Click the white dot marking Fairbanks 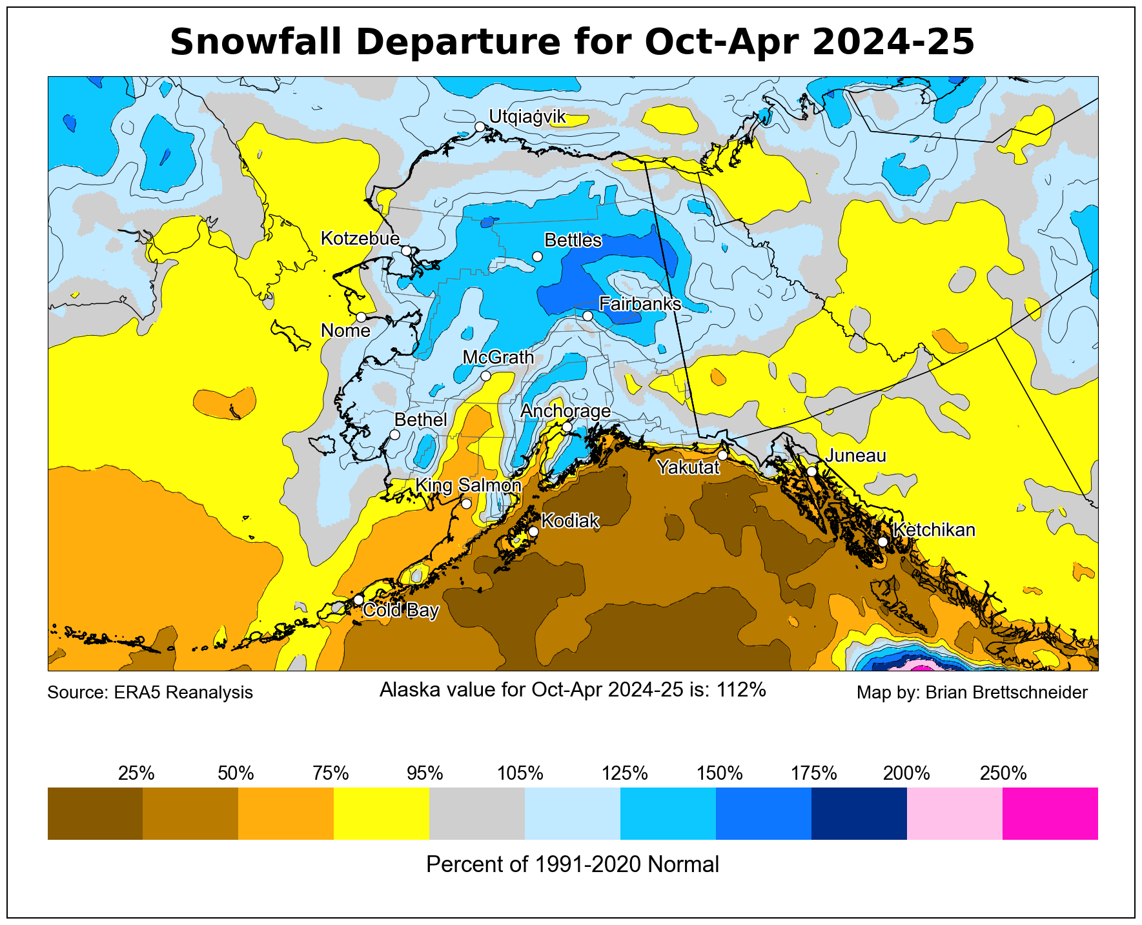tap(587, 316)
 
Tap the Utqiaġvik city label tap(527, 117)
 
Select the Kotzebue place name tap(360, 239)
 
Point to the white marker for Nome tap(361, 317)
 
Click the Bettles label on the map tap(573, 241)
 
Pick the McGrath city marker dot tap(485, 376)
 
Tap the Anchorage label tap(566, 411)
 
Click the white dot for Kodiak tap(533, 531)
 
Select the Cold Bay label tap(401, 611)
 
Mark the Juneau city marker tap(811, 471)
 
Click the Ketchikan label tap(934, 530)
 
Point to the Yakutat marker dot tap(722, 455)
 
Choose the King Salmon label tap(468, 485)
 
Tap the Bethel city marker tap(394, 434)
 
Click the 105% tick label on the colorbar tap(520, 773)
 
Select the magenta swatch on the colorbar tap(1050, 813)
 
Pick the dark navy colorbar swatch tap(859, 813)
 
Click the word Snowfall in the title tap(257, 43)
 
